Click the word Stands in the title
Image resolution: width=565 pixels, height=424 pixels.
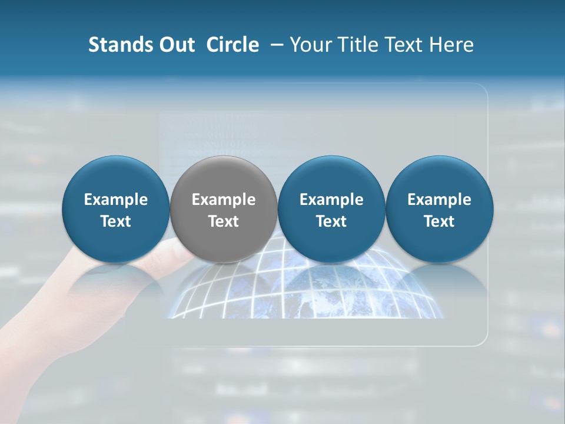120,45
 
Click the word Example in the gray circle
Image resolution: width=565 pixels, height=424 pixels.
224,200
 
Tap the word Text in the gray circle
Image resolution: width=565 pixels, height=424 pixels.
224,221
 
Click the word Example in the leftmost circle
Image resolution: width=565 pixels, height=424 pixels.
116,200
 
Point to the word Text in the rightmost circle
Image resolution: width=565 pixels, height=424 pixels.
440,221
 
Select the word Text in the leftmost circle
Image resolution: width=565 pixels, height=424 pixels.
116,221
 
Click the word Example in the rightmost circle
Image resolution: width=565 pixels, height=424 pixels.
440,200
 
